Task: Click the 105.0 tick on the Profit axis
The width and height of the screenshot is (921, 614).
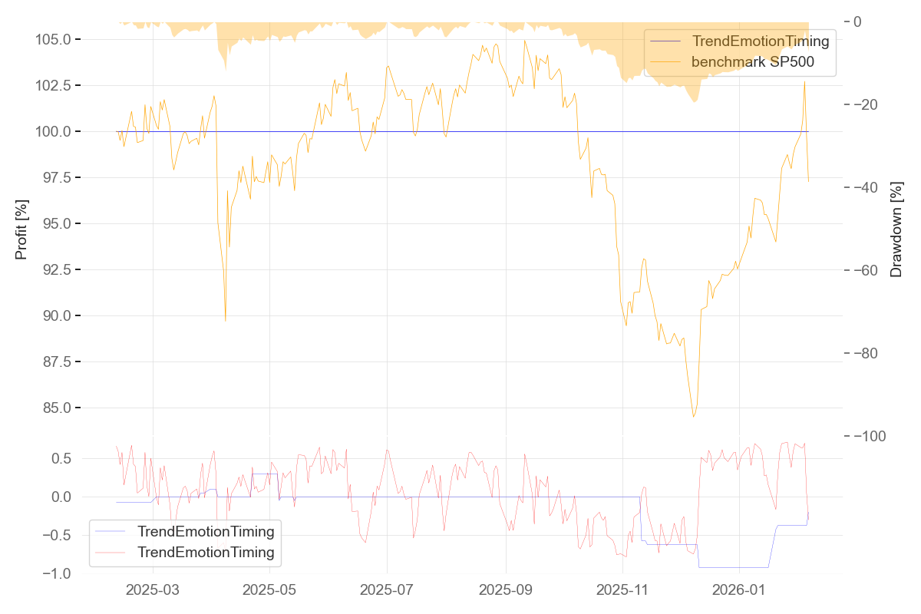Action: tap(54, 39)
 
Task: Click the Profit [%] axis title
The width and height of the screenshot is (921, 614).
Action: tap(21, 228)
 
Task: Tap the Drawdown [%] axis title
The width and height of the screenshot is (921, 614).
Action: tap(896, 229)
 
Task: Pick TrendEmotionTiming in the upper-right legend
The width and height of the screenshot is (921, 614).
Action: tap(761, 41)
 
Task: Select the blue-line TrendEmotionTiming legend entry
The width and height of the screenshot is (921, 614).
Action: tap(205, 531)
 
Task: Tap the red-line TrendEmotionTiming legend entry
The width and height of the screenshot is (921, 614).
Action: tap(205, 552)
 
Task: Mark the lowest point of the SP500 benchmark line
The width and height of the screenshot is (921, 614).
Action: tap(694, 417)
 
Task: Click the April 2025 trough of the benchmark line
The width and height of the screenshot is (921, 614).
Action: tap(225, 320)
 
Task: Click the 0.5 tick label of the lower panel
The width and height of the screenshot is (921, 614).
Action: tap(62, 458)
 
